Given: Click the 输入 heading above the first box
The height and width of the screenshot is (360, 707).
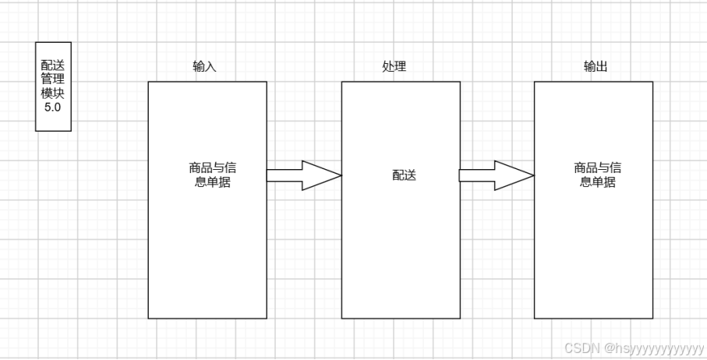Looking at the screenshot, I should click(x=204, y=67).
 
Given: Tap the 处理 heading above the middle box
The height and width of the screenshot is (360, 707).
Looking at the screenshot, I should click(x=394, y=67).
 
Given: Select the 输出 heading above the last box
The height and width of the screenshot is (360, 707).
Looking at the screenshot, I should click(x=595, y=67).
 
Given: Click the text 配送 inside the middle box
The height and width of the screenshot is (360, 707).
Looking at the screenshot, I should click(x=404, y=175).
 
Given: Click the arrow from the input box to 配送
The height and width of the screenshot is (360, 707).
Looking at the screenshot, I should click(x=303, y=175).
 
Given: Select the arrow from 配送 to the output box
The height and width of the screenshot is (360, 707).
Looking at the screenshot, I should click(x=496, y=175).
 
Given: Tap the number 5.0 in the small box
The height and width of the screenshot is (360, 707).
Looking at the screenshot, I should click(x=53, y=107).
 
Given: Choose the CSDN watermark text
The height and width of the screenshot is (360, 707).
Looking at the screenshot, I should click(x=579, y=348).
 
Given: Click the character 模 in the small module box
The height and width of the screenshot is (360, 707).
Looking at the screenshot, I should click(x=47, y=94).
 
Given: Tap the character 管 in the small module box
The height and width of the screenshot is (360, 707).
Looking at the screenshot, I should click(x=47, y=80).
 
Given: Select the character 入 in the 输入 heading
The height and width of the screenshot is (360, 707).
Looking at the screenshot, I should click(x=210, y=67).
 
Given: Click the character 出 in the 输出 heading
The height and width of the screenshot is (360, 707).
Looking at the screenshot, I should click(x=601, y=67).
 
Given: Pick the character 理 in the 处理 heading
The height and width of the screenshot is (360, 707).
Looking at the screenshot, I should click(x=400, y=67).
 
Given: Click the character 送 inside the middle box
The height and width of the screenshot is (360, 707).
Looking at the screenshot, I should click(x=410, y=175).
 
